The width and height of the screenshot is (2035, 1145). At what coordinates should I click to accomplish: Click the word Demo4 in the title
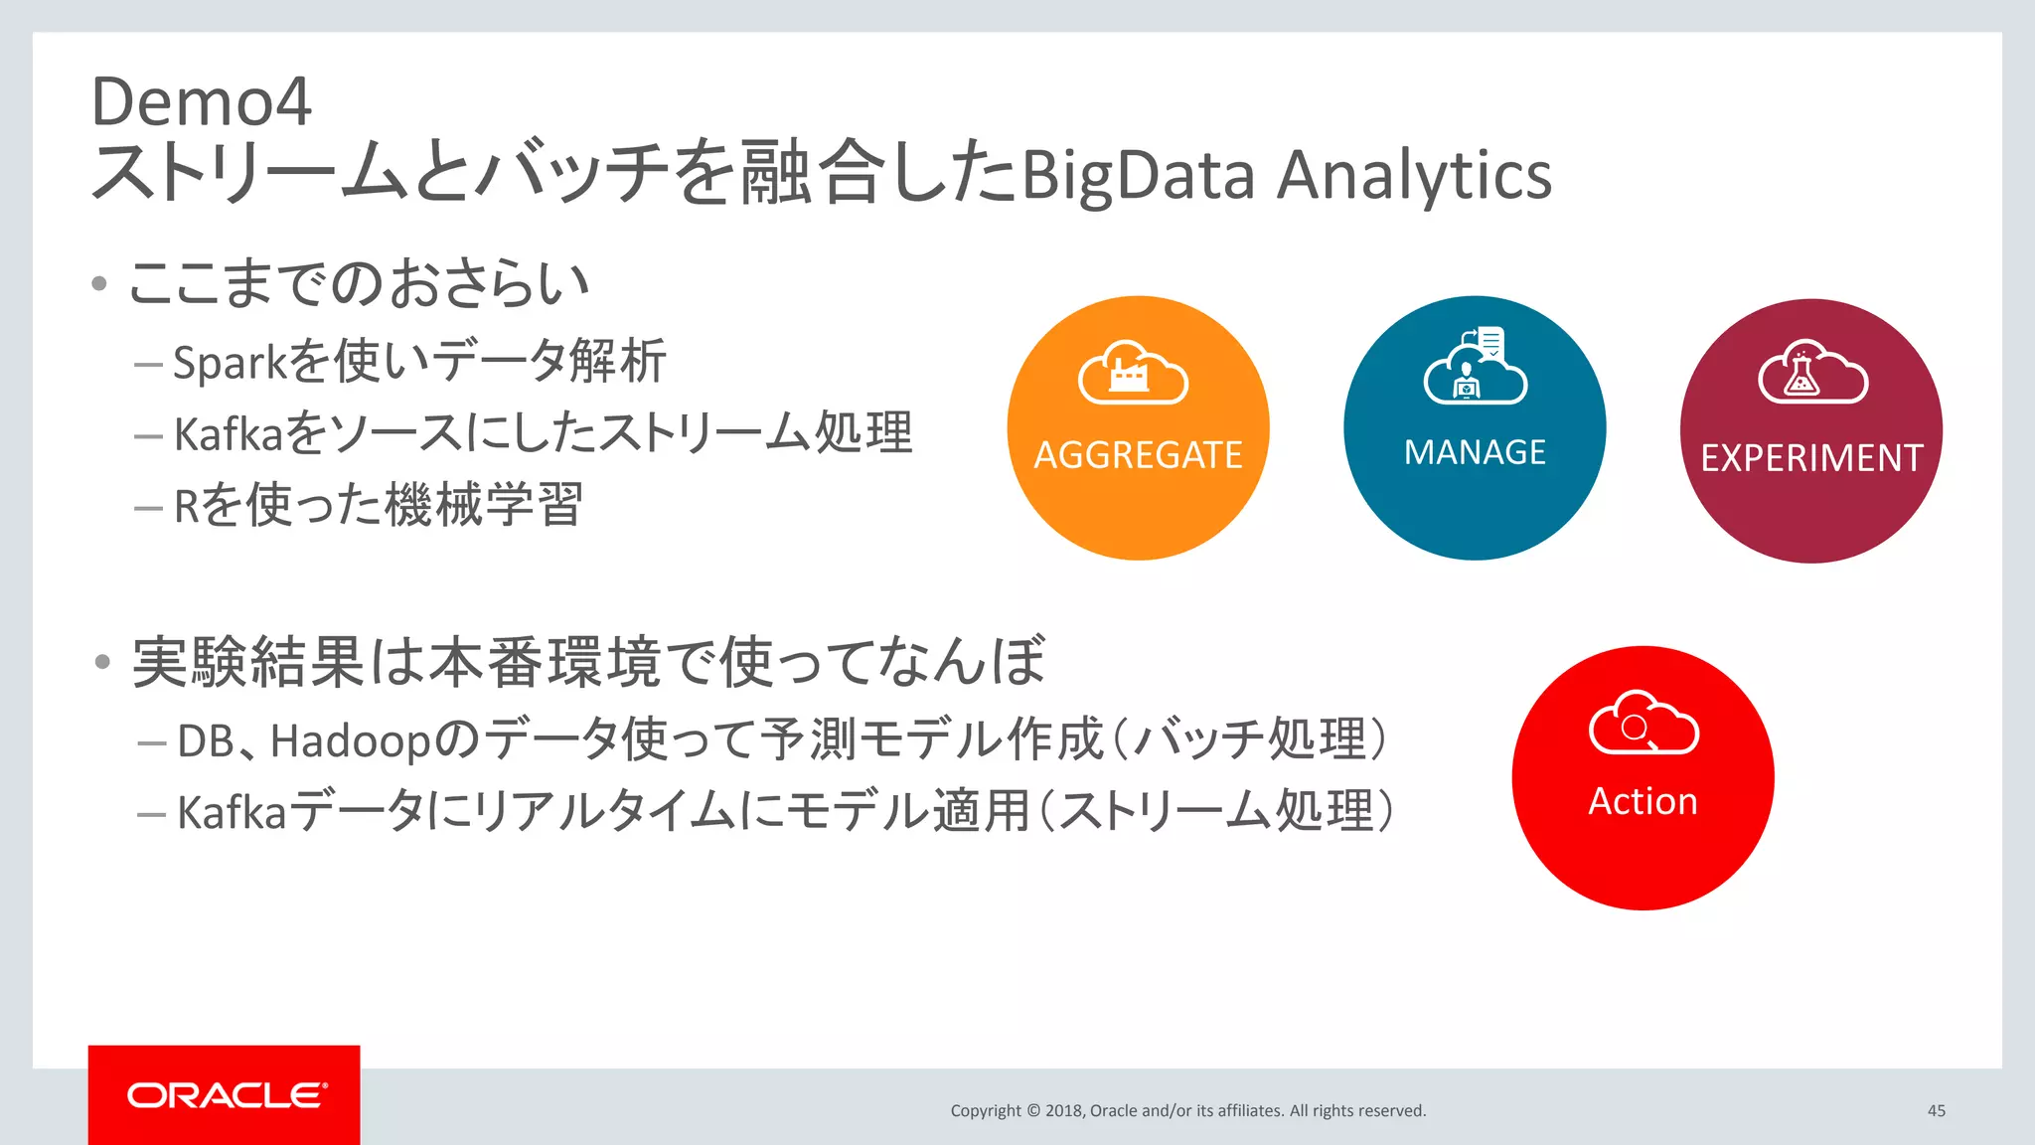pyautogui.click(x=201, y=102)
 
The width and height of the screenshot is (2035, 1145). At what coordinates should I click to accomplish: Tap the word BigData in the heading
pyautogui.click(x=1139, y=176)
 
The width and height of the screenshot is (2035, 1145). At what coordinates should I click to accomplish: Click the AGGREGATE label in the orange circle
pyautogui.click(x=1138, y=455)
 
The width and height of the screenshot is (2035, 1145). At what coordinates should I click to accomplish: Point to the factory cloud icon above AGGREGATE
pyautogui.click(x=1133, y=374)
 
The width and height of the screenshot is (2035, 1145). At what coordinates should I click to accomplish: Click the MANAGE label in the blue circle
pyautogui.click(x=1475, y=452)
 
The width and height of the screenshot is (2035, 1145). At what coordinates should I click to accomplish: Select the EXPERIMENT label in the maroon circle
pyautogui.click(x=1811, y=458)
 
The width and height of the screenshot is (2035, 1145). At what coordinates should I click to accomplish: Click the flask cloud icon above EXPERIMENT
pyautogui.click(x=1811, y=373)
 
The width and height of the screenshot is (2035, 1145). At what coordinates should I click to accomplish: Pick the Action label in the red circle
pyautogui.click(x=1643, y=801)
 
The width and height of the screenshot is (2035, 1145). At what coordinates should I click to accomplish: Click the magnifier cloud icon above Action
pyautogui.click(x=1643, y=723)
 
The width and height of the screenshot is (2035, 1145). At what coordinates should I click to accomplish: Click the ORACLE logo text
pyautogui.click(x=226, y=1095)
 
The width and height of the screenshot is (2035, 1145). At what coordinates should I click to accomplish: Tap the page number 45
pyautogui.click(x=1936, y=1110)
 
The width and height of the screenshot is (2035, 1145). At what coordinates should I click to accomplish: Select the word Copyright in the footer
pyautogui.click(x=985, y=1110)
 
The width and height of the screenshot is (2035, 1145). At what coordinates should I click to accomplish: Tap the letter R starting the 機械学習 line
pyautogui.click(x=186, y=506)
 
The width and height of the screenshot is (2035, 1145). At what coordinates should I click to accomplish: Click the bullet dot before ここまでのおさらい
pyautogui.click(x=98, y=284)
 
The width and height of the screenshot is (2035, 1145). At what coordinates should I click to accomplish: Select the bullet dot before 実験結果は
pyautogui.click(x=102, y=662)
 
